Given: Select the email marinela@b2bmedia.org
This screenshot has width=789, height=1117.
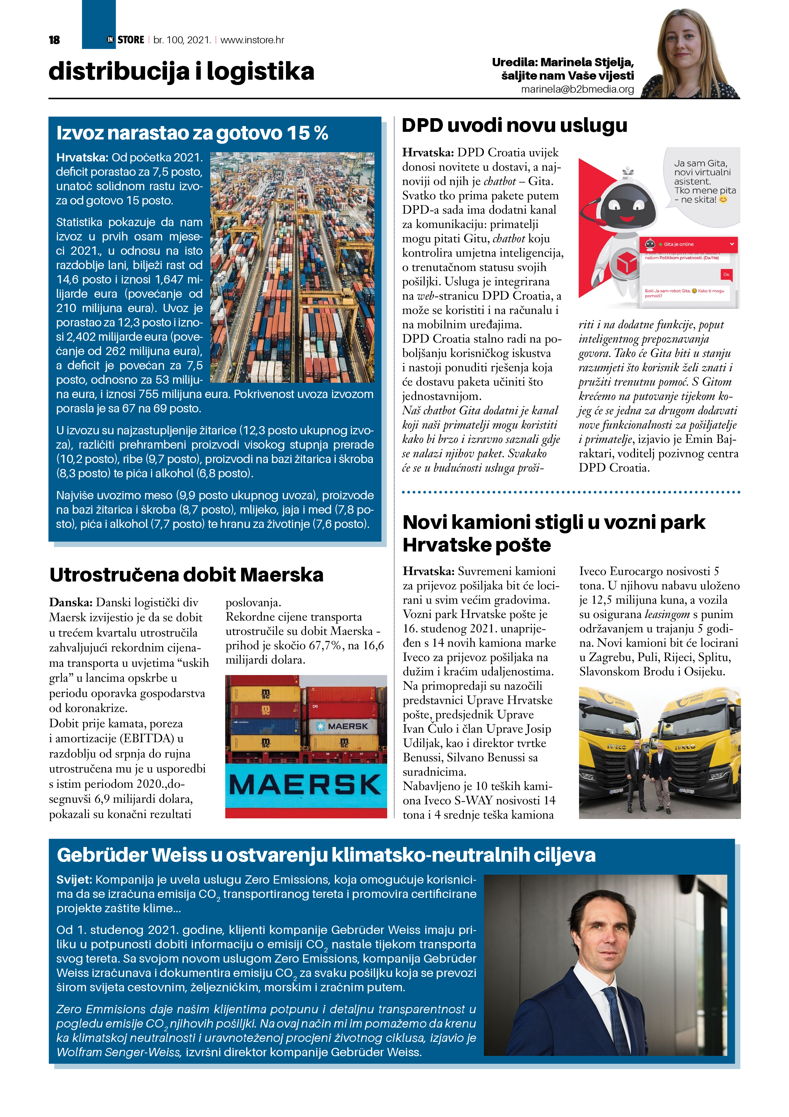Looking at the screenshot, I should click(x=577, y=89).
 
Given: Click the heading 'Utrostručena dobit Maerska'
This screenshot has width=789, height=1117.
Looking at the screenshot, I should click(x=186, y=574).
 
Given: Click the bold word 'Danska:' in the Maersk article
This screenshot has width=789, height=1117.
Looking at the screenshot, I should click(x=71, y=603).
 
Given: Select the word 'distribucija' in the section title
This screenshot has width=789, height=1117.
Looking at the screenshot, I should click(x=119, y=72).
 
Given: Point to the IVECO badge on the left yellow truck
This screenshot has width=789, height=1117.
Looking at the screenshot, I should click(x=616, y=747).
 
